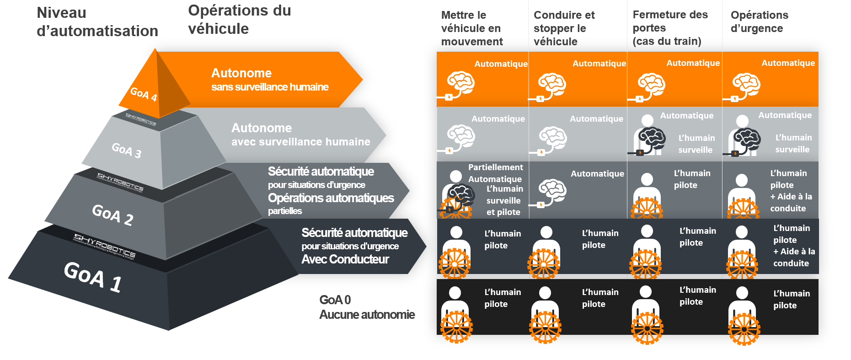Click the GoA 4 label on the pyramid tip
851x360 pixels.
pos(144,94)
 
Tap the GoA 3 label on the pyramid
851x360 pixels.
pos(127,150)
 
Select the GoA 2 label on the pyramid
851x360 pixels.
pos(112,215)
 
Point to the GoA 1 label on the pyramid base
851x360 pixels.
pos(93,276)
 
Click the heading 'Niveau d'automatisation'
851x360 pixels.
pos(97,22)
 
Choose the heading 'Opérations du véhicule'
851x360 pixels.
pos(239,20)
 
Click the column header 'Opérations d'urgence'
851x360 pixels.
pos(759,21)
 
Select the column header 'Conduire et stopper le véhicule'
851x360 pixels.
pos(564,28)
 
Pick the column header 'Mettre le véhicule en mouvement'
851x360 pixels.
pos(471,28)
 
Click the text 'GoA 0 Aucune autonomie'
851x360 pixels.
pos(367,307)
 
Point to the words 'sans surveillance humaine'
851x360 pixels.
pos(270,87)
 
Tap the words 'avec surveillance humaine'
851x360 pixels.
pos(300,142)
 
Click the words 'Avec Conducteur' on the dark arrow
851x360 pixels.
pos(345,259)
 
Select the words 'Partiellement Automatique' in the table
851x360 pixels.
pos(495,173)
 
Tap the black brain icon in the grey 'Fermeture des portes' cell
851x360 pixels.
pos(652,139)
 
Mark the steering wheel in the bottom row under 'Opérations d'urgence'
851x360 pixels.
pos(744,328)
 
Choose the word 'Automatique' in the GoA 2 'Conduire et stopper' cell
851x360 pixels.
pos(597,173)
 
